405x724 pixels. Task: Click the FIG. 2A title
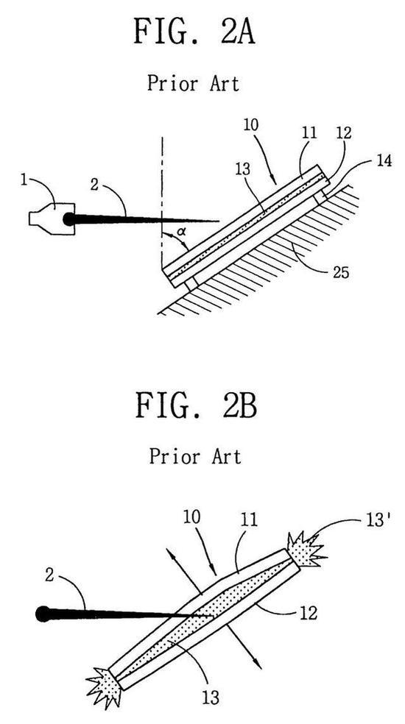point(194,31)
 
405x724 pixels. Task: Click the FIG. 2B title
point(196,405)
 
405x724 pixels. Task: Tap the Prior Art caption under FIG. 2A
point(194,84)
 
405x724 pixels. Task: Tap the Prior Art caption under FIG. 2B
point(195,456)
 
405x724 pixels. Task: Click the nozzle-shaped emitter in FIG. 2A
point(52,219)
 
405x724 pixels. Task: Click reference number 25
point(339,272)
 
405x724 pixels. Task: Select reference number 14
point(382,161)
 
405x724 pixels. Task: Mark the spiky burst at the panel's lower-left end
point(105,685)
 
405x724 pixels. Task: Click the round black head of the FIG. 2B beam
point(43,614)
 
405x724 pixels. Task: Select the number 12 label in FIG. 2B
point(309,613)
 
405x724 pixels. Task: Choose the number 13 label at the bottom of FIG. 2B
point(211,698)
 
